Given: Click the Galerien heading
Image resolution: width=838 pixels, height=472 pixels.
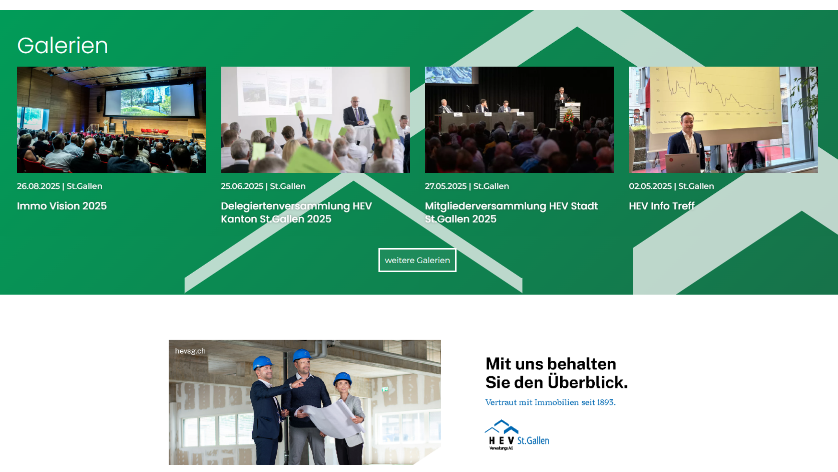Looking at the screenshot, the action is pyautogui.click(x=63, y=46).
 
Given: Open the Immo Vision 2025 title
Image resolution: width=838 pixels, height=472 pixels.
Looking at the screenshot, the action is pyautogui.click(x=62, y=206).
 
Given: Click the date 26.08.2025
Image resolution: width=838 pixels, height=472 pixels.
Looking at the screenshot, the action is pyautogui.click(x=38, y=186).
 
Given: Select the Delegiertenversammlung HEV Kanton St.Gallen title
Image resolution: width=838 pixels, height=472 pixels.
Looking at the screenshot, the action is pyautogui.click(x=296, y=212).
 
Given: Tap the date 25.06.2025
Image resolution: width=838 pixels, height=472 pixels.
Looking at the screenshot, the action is pyautogui.click(x=242, y=186).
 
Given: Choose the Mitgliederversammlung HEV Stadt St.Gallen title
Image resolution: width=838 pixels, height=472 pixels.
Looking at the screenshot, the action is pyautogui.click(x=512, y=212).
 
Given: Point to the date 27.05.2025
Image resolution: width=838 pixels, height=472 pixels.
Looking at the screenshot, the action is pyautogui.click(x=446, y=186).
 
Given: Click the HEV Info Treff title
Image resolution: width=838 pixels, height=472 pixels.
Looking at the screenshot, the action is pyautogui.click(x=661, y=206).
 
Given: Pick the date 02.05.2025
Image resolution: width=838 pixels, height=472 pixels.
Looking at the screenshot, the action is pyautogui.click(x=650, y=186).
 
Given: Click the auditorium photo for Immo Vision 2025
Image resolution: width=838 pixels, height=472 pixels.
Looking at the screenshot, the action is pyautogui.click(x=112, y=120).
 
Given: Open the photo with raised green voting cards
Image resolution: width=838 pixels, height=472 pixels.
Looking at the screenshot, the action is pyautogui.click(x=315, y=120).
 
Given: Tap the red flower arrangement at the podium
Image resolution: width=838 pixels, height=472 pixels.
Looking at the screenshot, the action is pyautogui.click(x=568, y=117).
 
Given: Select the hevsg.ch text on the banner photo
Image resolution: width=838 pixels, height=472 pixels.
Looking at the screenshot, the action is pyautogui.click(x=190, y=351).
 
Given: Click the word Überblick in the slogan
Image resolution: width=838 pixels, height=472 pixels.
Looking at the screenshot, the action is pyautogui.click(x=587, y=382).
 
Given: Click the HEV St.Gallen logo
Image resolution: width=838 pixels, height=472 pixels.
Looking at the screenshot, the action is pyautogui.click(x=517, y=435).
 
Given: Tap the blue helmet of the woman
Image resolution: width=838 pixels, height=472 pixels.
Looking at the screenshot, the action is pyautogui.click(x=342, y=378).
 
